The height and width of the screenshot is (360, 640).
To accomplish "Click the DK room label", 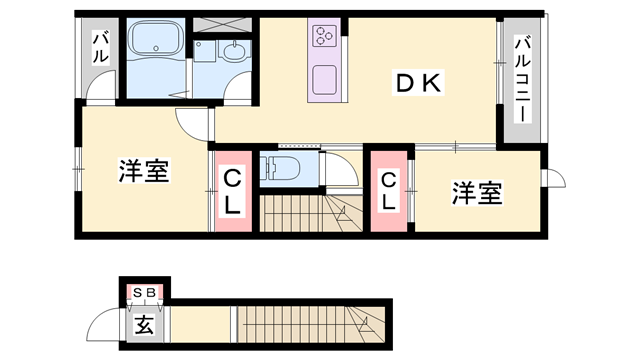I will (417, 85).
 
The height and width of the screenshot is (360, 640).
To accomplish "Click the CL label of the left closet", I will (231, 192).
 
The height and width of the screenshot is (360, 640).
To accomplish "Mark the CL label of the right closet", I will (388, 190).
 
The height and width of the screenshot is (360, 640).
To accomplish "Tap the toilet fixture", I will (283, 168).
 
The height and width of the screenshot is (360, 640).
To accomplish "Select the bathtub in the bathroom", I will (155, 43).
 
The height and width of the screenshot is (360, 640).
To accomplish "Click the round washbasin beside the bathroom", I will (236, 54).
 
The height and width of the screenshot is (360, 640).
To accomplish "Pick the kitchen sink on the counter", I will (326, 80).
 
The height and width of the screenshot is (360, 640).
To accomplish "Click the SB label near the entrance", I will (145, 292).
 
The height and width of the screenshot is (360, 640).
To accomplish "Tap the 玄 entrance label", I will (145, 324).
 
